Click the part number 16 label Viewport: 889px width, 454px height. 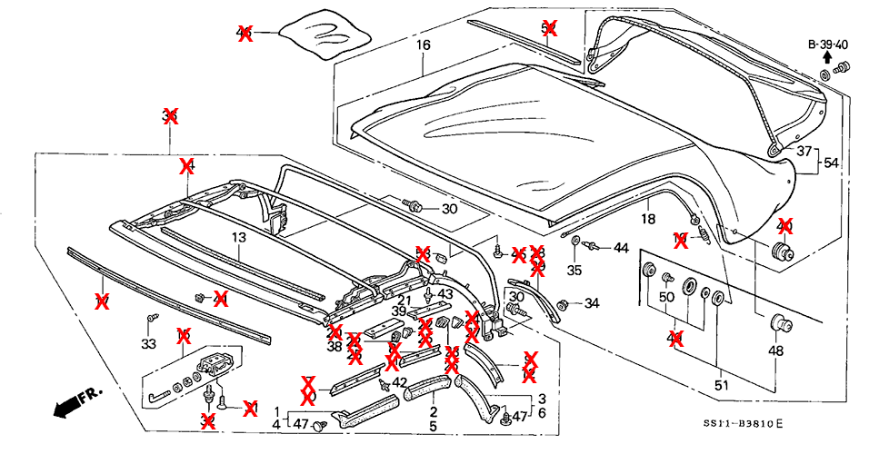(424, 44)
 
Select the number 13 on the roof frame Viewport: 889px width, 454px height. (238, 238)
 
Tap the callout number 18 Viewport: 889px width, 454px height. (647, 220)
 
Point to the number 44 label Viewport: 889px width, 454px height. (621, 248)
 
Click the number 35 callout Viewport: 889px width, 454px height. (574, 270)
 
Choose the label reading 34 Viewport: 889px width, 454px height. (592, 303)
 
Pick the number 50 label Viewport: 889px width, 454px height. (666, 297)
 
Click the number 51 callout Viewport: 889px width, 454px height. (722, 385)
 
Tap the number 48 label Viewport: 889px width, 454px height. (775, 351)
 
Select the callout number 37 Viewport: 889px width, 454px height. (804, 152)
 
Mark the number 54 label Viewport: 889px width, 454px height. (831, 163)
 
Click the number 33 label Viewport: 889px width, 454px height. (148, 343)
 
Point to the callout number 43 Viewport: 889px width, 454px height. (444, 294)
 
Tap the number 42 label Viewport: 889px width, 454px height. (399, 382)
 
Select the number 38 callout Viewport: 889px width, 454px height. (335, 346)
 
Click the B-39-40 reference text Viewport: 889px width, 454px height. (827, 44)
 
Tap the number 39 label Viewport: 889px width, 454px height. (399, 311)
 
